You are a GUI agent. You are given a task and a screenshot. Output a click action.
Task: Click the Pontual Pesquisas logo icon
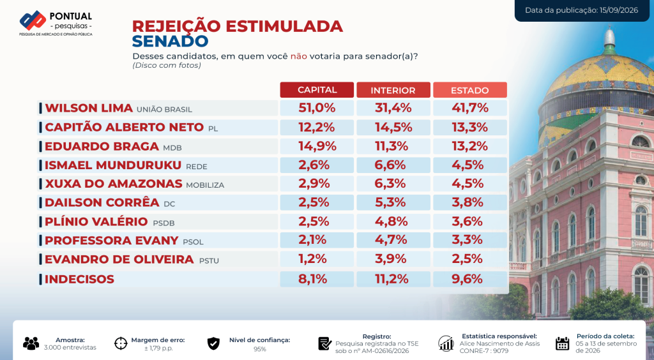click(x=33, y=20)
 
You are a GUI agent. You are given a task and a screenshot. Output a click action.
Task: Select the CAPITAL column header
click(x=317, y=90)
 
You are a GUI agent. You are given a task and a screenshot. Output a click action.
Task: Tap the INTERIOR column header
click(x=393, y=90)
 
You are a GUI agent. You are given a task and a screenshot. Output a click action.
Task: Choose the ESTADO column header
click(x=469, y=90)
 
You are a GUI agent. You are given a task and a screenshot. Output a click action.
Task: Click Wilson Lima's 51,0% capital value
click(x=317, y=108)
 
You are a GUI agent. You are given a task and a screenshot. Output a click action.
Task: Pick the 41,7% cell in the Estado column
click(x=470, y=108)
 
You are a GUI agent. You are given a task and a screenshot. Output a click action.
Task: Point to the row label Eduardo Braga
click(x=102, y=146)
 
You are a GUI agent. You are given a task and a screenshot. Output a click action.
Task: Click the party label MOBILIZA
click(x=205, y=185)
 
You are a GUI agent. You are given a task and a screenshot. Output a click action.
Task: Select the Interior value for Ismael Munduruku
click(x=390, y=165)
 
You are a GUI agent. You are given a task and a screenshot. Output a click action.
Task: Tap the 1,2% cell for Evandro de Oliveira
click(x=312, y=259)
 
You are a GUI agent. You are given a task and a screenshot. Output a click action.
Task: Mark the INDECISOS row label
click(x=79, y=279)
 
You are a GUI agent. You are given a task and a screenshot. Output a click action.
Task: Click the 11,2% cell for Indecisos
click(x=392, y=279)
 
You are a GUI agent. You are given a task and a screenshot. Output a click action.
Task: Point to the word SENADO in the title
click(x=170, y=41)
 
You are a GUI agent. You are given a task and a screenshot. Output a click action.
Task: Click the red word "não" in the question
click(x=299, y=56)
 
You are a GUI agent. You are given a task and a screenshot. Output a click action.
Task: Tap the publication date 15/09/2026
click(x=619, y=10)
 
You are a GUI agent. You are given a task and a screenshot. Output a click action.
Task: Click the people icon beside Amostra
click(x=31, y=343)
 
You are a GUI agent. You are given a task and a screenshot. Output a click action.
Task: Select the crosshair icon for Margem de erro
click(x=121, y=343)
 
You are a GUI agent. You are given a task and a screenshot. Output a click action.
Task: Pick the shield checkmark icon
click(x=213, y=343)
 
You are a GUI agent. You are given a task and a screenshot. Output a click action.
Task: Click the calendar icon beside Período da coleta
click(x=562, y=343)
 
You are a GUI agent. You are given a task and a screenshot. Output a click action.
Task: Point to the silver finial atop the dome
click(x=609, y=36)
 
